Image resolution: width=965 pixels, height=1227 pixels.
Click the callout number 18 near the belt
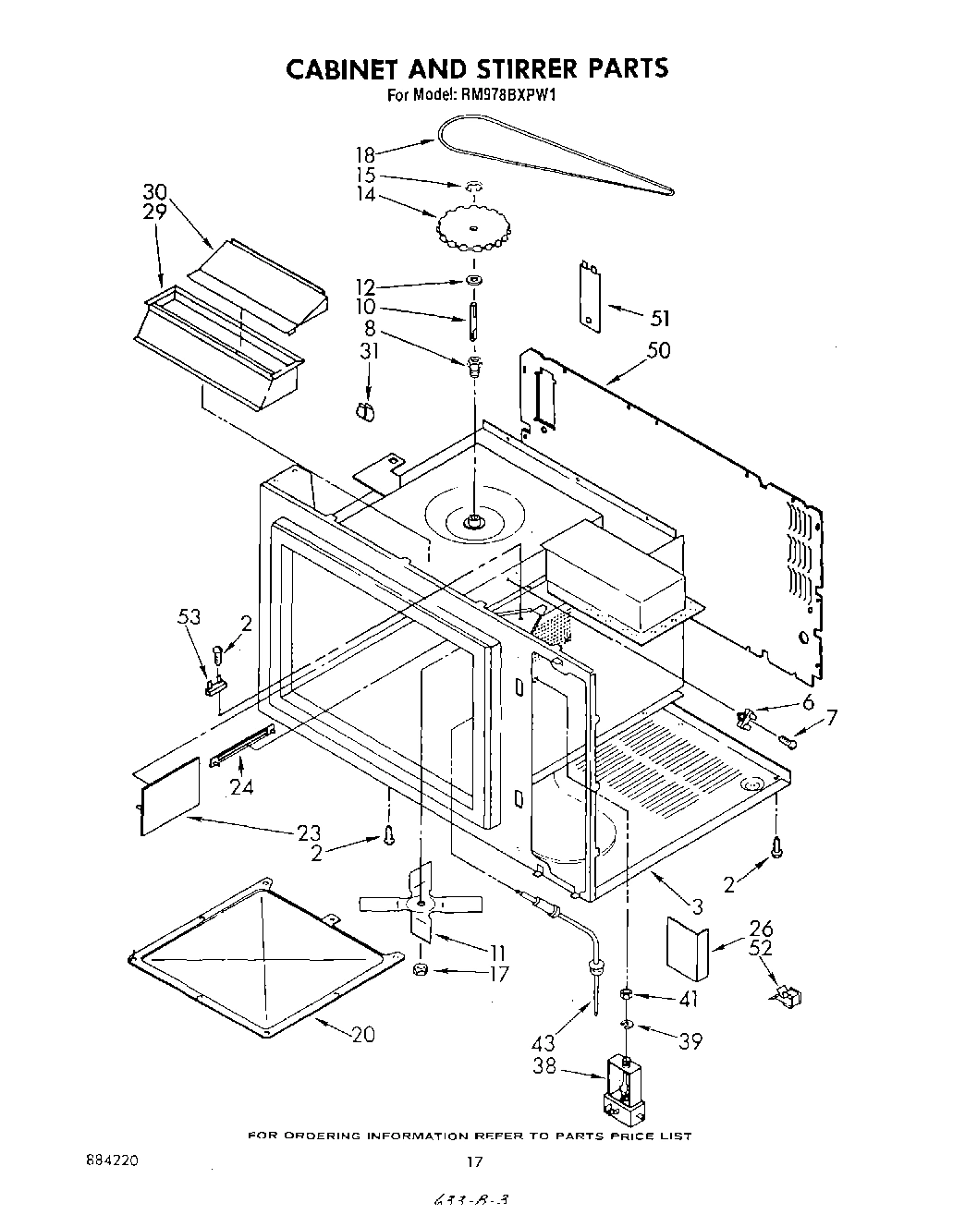(366, 154)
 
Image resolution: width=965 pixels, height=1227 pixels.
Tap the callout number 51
(660, 319)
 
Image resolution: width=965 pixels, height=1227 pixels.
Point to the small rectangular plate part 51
(588, 293)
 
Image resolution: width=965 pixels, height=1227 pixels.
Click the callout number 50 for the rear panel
(660, 350)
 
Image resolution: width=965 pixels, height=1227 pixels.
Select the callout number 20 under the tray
(363, 1034)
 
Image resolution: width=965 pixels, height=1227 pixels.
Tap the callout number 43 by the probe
(544, 1043)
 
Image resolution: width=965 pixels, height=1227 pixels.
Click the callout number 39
(690, 1041)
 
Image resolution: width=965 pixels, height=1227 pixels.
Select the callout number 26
(761, 929)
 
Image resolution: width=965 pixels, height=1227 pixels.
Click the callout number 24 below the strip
(240, 787)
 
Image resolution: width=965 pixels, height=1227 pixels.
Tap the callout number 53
(189, 616)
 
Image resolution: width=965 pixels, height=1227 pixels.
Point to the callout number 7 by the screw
(831, 718)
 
